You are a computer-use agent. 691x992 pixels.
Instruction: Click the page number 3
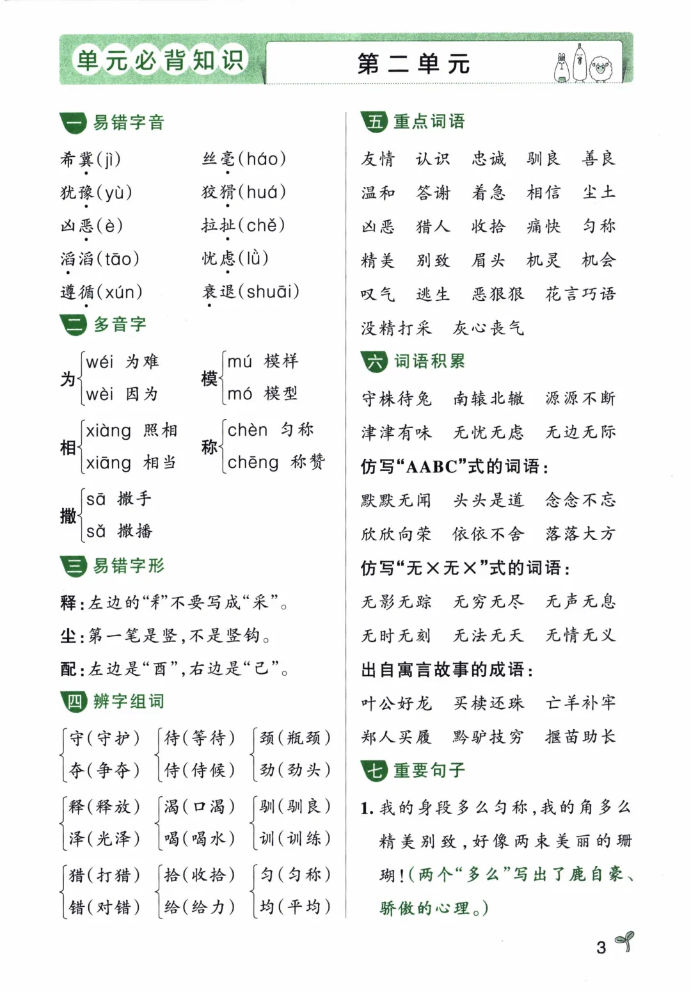tap(601, 947)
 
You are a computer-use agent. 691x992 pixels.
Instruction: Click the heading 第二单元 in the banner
tap(414, 64)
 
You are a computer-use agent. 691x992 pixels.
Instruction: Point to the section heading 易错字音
tap(129, 122)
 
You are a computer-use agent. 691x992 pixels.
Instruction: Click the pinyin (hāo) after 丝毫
tap(262, 158)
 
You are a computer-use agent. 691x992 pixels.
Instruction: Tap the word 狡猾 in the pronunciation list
tap(218, 192)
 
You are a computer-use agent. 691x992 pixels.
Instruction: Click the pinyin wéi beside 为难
tap(100, 362)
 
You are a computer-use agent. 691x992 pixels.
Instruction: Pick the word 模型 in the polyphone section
tap(281, 393)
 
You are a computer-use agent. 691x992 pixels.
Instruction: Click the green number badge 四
tap(74, 702)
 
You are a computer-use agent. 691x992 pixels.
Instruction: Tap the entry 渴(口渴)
tap(198, 806)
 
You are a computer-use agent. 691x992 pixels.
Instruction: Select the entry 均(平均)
tap(295, 906)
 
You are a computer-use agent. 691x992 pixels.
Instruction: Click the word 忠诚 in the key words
tap(488, 159)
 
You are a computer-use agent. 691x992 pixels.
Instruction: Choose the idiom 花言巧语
tap(580, 294)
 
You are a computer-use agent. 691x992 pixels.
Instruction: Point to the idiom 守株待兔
tap(397, 399)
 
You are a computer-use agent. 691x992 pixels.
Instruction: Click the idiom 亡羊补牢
tap(580, 703)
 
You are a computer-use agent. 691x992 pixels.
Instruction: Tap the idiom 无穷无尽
tap(488, 602)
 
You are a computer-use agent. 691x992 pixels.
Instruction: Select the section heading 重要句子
tap(429, 770)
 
